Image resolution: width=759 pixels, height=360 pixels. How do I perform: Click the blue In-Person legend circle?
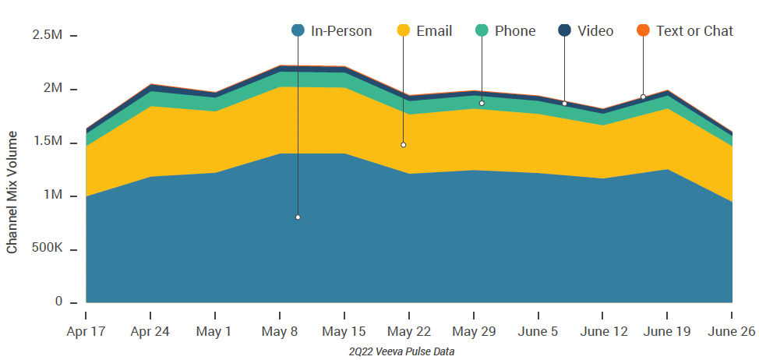298,31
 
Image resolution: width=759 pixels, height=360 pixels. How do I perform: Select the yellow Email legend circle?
403,31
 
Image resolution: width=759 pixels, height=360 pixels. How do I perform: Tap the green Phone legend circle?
482,31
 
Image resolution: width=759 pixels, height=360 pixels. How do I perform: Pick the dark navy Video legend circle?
564,31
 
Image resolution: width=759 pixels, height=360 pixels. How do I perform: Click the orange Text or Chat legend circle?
643,31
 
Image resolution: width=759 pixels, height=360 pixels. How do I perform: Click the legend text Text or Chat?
694,31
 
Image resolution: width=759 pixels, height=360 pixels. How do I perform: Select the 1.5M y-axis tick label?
48,142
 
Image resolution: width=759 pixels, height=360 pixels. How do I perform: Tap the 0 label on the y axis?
58,302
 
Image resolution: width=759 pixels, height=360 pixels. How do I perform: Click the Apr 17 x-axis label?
86,330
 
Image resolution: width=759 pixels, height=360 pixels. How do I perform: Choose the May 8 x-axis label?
279,330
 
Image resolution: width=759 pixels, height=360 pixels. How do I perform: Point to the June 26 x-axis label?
732,330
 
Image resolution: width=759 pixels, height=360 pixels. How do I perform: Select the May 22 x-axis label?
408,330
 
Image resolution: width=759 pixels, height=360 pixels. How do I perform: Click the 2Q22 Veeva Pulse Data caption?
402,351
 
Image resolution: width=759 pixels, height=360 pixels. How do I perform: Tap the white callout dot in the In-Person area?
298,217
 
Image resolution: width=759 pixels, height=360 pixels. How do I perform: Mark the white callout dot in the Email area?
403,145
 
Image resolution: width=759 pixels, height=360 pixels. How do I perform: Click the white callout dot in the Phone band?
482,103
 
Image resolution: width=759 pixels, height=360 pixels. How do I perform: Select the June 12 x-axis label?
602,330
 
